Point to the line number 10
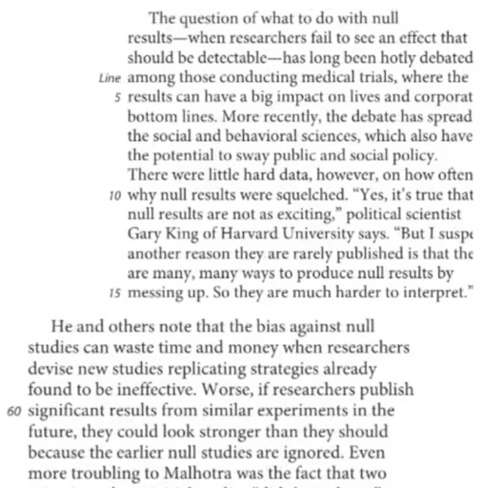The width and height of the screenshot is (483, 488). click(x=114, y=194)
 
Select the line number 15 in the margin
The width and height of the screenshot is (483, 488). click(x=114, y=293)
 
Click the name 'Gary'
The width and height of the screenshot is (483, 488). click(x=144, y=234)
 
